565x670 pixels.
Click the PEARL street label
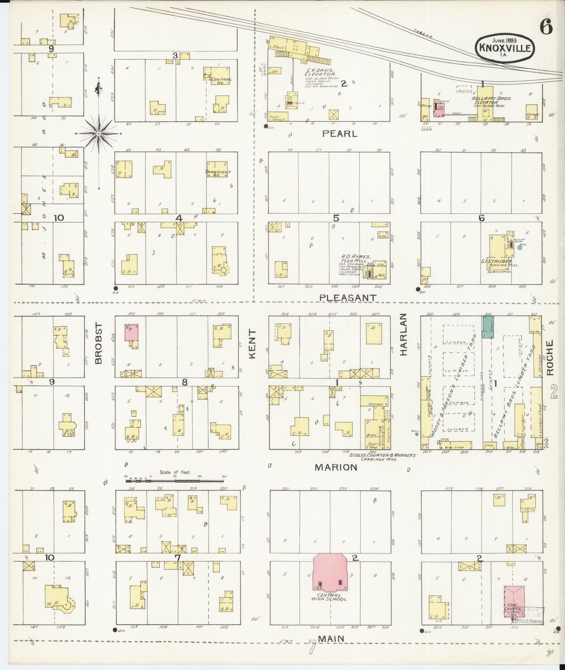tap(339, 134)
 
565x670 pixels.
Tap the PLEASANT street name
tap(348, 298)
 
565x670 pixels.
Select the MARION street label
tap(336, 467)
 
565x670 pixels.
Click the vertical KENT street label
tap(253, 344)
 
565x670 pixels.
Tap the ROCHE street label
tap(550, 357)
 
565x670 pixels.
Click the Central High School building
tap(330, 574)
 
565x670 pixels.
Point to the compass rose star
tap(99, 133)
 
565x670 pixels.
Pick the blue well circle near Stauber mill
tap(520, 247)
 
